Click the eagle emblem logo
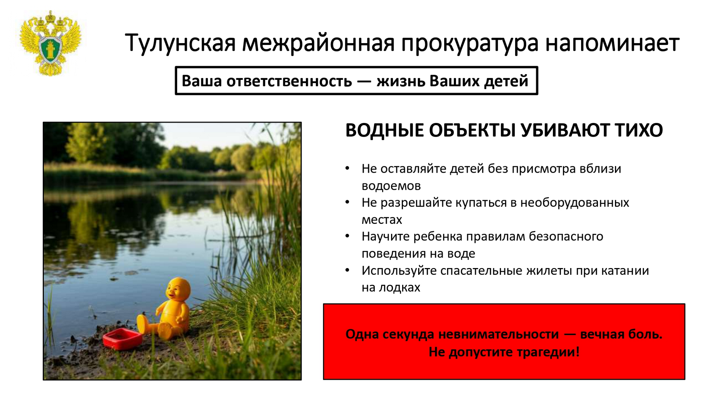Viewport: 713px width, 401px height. pos(51,43)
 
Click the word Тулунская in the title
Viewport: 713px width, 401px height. pos(180,43)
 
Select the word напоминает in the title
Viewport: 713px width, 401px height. pos(612,43)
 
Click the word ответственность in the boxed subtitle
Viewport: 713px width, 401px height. pos(289,81)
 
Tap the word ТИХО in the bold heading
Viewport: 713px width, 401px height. pos(639,130)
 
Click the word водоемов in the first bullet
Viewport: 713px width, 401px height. pos(391,186)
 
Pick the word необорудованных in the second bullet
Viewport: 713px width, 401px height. pos(574,203)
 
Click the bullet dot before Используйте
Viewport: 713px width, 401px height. pos(347,270)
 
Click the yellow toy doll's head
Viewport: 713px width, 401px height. pos(178,289)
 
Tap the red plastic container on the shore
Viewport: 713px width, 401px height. pos(122,339)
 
